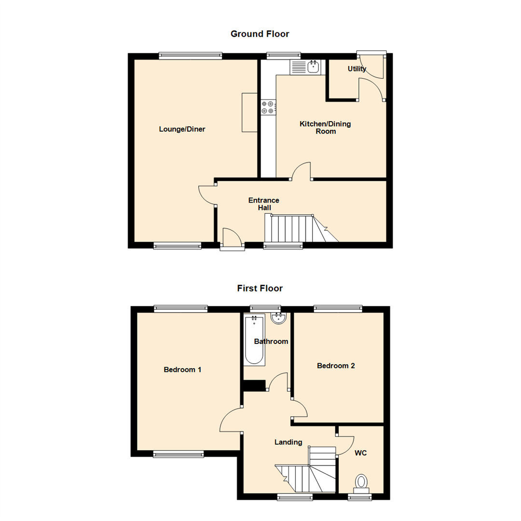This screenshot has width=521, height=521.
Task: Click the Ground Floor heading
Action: [260, 34]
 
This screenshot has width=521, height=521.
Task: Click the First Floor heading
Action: [260, 288]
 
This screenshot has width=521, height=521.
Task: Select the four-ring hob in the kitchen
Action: [268, 107]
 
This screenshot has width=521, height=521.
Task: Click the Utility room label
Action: [357, 69]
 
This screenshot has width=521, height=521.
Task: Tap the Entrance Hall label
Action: [263, 204]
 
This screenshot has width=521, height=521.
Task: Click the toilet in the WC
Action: [361, 481]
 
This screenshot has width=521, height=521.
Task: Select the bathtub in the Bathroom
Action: [254, 340]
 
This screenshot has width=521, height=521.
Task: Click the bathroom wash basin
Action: [279, 318]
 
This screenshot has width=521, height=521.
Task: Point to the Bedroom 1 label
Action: [182, 370]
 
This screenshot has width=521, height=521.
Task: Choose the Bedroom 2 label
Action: [336, 366]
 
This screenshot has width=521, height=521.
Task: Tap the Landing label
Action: [288, 442]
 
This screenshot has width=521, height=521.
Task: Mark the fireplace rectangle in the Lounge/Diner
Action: [249, 112]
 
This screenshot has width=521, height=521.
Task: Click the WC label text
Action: [361, 453]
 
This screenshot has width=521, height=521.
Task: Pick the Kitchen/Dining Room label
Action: [325, 127]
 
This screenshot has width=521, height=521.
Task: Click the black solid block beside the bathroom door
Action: [254, 385]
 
